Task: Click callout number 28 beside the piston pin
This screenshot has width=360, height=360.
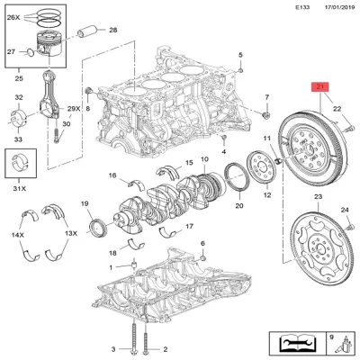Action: [112, 31]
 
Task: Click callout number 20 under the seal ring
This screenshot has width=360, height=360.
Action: [238, 205]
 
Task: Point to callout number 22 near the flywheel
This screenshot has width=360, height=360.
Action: [337, 109]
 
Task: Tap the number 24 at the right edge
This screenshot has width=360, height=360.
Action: [344, 211]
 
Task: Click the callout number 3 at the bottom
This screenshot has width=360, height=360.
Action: [114, 348]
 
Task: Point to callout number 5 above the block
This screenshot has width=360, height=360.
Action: [241, 56]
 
